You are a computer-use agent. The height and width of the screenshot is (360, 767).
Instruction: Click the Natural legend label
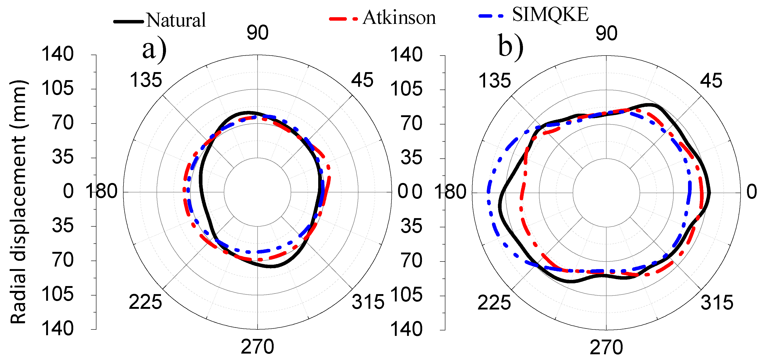176,20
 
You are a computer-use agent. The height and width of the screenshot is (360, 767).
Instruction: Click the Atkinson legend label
399,18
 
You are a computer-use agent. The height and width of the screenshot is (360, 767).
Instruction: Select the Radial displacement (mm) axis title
18,202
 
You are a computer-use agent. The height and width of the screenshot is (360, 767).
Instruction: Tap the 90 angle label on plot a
258,33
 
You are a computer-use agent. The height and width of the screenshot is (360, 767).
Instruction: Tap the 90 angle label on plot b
607,33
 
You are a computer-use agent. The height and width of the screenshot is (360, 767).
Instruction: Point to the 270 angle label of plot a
257,347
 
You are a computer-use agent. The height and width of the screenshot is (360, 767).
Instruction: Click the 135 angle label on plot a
146,80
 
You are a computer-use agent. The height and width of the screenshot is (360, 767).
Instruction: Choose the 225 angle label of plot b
494,303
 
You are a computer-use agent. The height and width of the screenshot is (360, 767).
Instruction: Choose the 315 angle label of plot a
368,302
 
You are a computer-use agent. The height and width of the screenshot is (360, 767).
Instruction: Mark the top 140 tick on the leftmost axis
57,54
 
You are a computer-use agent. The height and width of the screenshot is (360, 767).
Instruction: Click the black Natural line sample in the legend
129,21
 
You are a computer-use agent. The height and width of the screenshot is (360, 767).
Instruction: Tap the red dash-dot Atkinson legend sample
343,19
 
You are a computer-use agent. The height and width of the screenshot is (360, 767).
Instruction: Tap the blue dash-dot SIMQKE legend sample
491,16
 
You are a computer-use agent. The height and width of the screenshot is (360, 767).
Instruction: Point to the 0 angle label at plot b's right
752,192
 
